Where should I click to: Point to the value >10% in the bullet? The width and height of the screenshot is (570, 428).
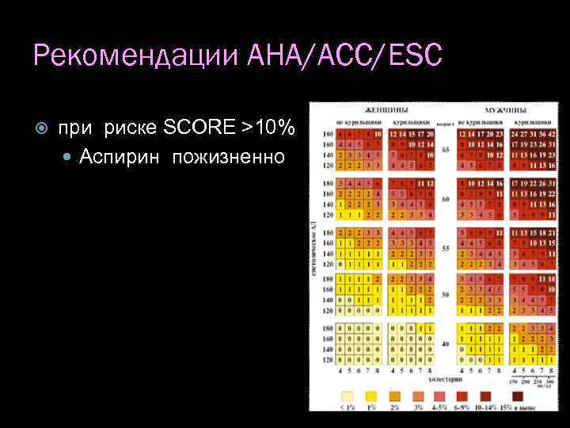[269, 127]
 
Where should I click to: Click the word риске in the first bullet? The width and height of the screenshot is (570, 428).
[131, 127]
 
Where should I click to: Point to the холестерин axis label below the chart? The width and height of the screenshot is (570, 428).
[446, 380]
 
